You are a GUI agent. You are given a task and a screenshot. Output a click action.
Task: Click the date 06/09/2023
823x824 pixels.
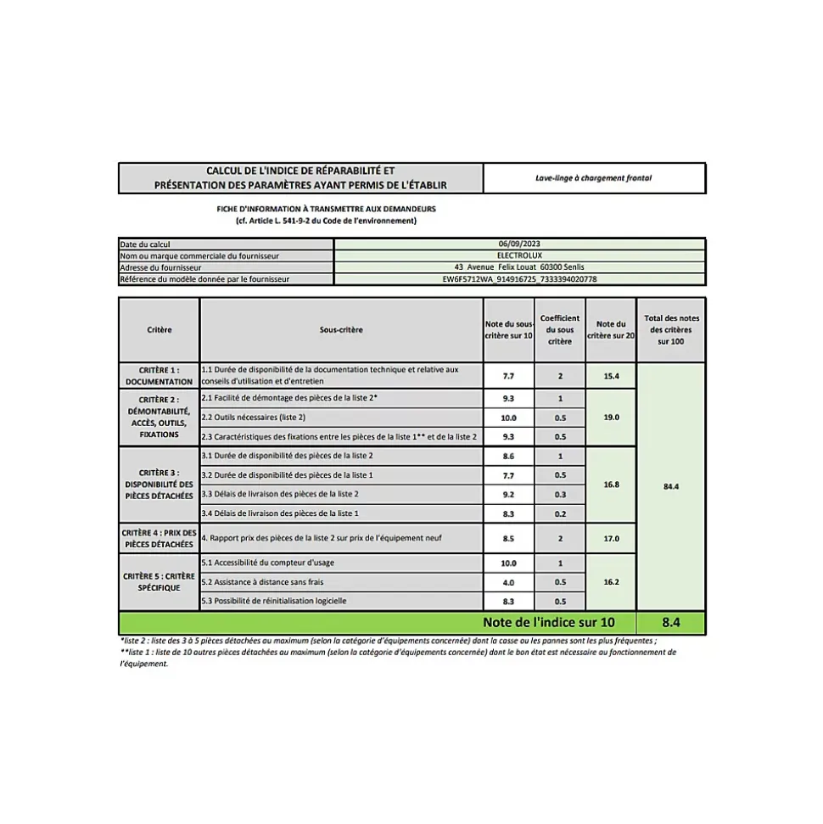(519, 244)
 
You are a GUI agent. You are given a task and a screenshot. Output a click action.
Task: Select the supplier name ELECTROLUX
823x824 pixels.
(519, 255)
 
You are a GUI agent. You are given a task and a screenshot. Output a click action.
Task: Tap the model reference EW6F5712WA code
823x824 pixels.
(519, 278)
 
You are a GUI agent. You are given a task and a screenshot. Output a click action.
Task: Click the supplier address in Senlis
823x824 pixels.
(519, 266)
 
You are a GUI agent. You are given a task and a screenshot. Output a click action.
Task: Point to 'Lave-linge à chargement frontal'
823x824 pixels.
(594, 178)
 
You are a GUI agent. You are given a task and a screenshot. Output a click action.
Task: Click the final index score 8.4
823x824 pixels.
(671, 622)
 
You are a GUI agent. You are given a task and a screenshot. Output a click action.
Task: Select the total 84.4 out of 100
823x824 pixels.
(671, 487)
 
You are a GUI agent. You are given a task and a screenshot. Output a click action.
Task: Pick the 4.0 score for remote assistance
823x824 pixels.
(508, 582)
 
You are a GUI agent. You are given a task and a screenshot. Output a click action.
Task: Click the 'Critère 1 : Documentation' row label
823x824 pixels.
(159, 376)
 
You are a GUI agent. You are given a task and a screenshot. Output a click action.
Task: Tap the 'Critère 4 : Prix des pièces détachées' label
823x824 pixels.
(159, 538)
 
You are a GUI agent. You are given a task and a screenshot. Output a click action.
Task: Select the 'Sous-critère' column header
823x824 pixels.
(341, 330)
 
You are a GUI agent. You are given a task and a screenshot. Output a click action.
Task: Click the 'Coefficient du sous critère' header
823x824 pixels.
(560, 330)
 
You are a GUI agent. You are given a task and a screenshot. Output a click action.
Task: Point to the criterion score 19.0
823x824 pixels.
(611, 418)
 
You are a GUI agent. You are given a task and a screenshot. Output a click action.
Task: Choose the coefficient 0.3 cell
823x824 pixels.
(560, 494)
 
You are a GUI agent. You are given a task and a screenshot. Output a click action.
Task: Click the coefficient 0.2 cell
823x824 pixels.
(560, 513)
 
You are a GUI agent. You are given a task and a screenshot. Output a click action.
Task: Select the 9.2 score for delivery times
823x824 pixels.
(508, 494)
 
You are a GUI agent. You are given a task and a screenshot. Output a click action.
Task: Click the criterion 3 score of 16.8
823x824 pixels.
(611, 485)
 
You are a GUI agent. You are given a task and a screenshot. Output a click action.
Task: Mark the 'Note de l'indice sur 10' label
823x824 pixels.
(548, 622)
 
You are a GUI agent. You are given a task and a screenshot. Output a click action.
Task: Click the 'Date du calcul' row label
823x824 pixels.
(145, 244)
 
